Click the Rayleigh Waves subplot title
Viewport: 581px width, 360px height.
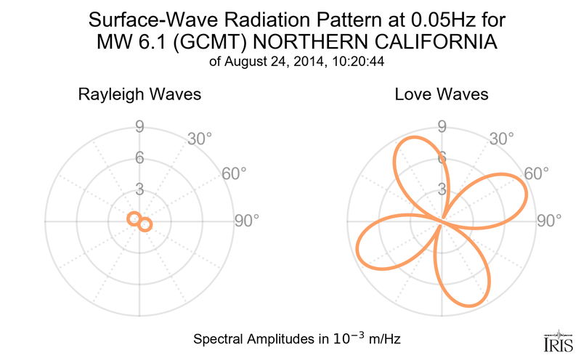pos(139,95)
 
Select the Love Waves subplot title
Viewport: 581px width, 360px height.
pos(442,95)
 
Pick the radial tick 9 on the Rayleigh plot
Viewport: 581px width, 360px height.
pos(138,128)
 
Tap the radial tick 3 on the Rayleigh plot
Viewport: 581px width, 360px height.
pos(138,190)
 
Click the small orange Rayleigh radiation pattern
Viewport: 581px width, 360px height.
pos(139,221)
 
